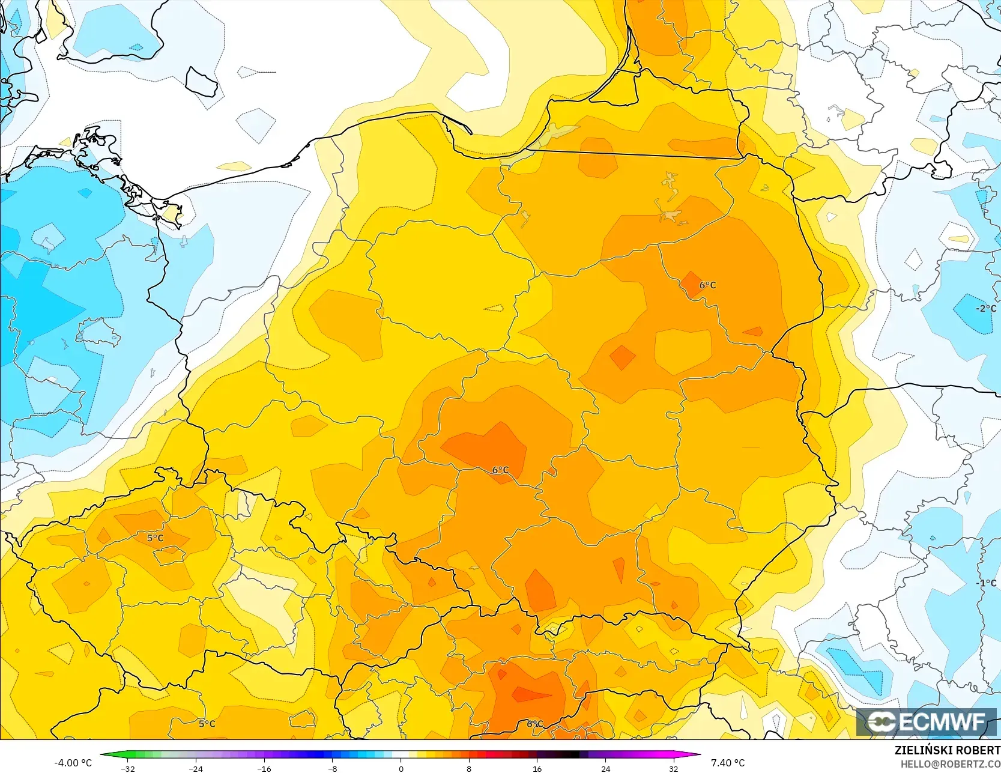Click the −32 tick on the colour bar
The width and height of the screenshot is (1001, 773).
[x=128, y=768]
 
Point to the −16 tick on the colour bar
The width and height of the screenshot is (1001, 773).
[x=264, y=768]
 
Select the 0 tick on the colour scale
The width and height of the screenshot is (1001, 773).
[x=401, y=768]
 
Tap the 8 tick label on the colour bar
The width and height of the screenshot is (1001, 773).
[x=469, y=768]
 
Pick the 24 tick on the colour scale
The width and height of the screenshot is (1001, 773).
[x=605, y=768]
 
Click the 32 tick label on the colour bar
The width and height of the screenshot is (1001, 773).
[x=674, y=768]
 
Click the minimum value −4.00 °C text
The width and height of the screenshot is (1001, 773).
[x=73, y=763]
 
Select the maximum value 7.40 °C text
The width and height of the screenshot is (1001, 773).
[x=728, y=763]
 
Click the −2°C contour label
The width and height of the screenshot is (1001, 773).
[x=986, y=308]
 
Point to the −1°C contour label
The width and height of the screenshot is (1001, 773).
[x=986, y=583]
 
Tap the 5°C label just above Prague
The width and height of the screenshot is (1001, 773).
[x=156, y=538]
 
